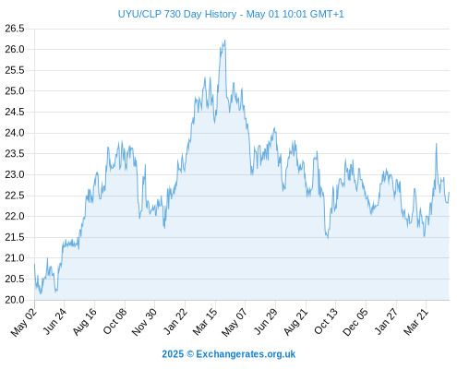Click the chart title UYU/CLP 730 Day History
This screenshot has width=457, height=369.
coord(177,14)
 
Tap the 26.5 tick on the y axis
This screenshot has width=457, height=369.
coord(15,29)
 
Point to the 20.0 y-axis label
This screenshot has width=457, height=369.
coord(15,300)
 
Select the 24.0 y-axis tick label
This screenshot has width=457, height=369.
coord(15,133)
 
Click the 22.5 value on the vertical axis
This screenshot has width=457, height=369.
coord(15,196)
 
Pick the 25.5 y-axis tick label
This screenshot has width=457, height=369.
coord(15,70)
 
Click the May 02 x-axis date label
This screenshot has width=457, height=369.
coord(24,322)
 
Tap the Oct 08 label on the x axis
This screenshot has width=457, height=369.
coord(114,321)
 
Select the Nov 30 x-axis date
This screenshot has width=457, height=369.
coord(144,322)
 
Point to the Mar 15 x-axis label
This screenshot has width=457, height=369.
coord(205,321)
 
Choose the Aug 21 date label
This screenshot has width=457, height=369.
coord(295,321)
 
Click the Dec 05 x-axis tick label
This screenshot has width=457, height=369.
coord(355,322)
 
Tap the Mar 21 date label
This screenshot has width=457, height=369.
coord(416,321)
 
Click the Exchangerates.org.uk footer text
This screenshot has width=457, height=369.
coord(246,354)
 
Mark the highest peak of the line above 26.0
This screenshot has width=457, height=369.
coord(225,40)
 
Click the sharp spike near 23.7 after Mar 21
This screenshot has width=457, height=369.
coord(436,144)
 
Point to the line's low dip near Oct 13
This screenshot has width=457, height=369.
coord(328,238)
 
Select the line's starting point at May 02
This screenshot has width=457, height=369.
coord(34,264)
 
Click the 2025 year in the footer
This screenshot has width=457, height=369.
coord(173,354)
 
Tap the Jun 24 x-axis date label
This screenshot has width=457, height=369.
coord(54,322)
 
